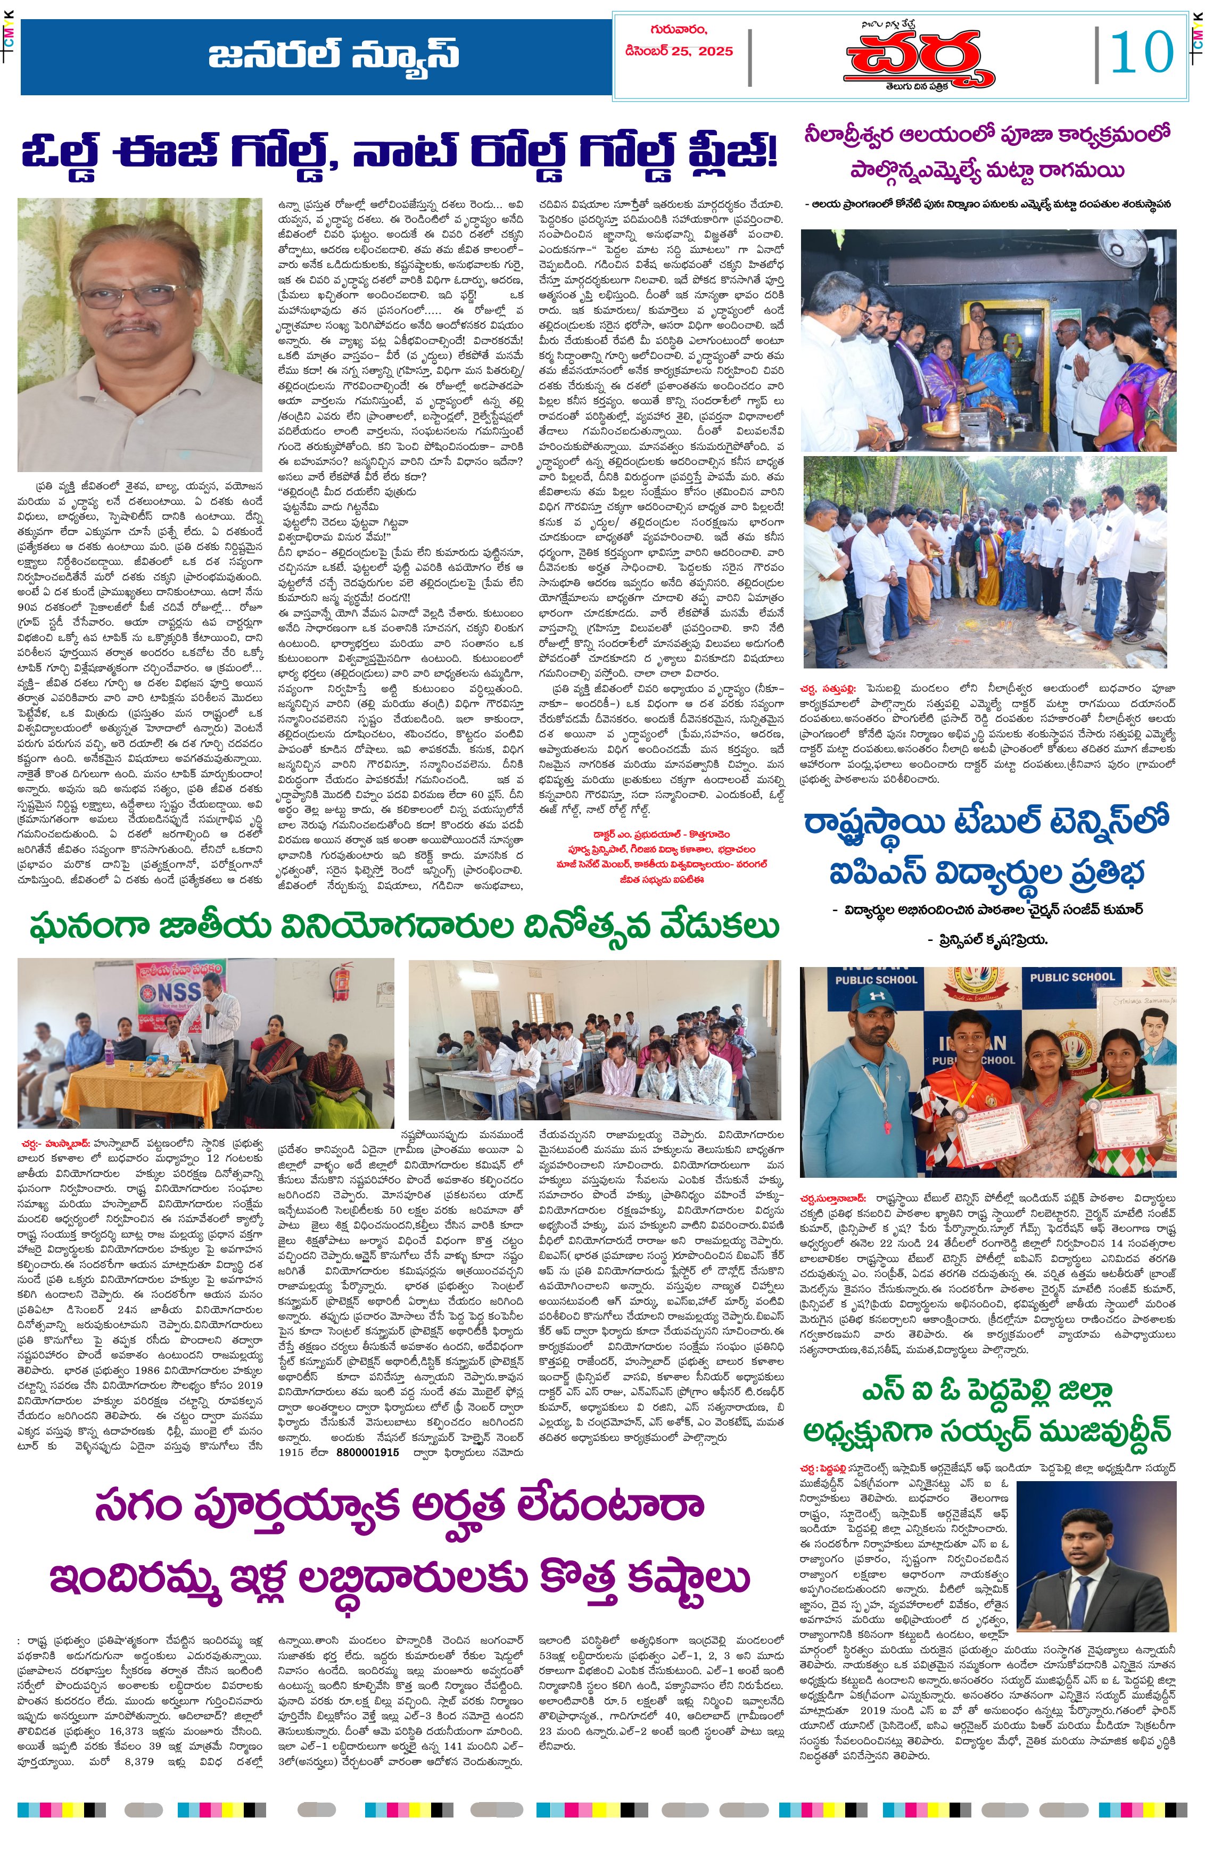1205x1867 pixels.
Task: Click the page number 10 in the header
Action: coord(1142,53)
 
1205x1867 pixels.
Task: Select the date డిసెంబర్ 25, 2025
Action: coord(679,52)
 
